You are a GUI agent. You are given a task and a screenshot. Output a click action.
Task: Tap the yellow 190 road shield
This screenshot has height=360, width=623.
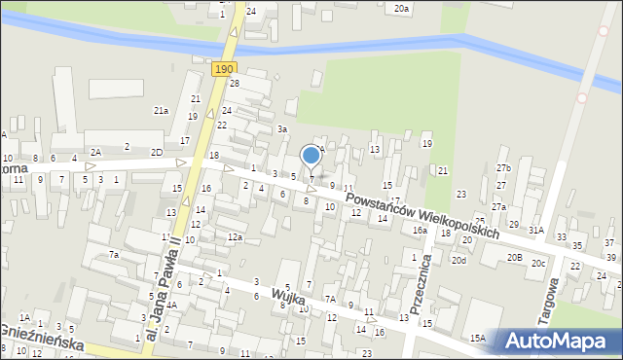click(x=224, y=68)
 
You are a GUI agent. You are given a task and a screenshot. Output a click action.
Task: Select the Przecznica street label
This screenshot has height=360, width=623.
click(x=421, y=288)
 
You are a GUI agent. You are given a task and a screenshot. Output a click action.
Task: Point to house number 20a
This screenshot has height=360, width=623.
click(x=401, y=8)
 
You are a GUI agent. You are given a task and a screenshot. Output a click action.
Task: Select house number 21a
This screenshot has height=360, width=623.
click(x=161, y=111)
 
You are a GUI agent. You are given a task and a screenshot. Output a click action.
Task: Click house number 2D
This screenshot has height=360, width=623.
click(x=156, y=153)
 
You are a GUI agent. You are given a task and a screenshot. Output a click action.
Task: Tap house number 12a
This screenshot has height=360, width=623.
click(x=234, y=236)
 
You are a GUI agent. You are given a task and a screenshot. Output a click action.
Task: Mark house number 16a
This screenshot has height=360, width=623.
click(x=419, y=230)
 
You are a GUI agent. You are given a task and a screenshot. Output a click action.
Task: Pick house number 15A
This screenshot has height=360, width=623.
click(x=478, y=338)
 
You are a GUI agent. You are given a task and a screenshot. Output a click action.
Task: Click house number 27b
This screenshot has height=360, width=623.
click(x=502, y=168)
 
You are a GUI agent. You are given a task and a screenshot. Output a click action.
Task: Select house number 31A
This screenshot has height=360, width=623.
click(x=536, y=230)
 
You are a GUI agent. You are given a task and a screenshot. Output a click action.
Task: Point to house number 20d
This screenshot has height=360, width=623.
click(x=458, y=260)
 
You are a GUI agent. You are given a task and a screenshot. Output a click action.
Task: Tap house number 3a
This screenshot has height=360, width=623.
click(x=282, y=128)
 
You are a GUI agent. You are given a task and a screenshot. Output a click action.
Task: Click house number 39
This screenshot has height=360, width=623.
click(x=609, y=258)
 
